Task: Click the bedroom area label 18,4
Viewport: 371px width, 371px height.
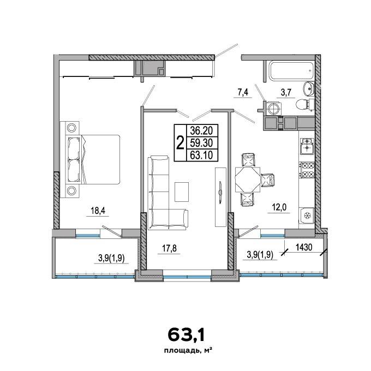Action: (x=98, y=210)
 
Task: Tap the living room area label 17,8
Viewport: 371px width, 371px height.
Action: (x=170, y=248)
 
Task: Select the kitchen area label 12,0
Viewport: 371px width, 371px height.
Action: (x=279, y=207)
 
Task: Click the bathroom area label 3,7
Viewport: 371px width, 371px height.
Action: (x=286, y=92)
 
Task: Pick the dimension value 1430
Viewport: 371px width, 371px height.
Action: (x=304, y=247)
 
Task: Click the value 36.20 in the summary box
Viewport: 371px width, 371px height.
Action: (x=201, y=130)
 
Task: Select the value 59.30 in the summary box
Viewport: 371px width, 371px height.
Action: (x=201, y=143)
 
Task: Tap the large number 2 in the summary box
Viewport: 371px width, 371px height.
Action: (x=180, y=143)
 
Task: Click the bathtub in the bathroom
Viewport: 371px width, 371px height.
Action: (x=291, y=70)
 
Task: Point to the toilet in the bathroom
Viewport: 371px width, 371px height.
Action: (x=304, y=104)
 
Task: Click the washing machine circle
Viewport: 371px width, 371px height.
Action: (x=274, y=109)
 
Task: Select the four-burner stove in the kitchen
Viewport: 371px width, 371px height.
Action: (x=307, y=170)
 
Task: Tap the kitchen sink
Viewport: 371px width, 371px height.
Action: (x=307, y=146)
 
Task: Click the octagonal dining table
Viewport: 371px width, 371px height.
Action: (x=248, y=180)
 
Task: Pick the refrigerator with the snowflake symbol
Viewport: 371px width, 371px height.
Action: (x=307, y=216)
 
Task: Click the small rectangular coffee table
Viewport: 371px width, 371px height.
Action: (x=182, y=192)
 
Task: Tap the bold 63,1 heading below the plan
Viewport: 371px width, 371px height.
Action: (x=186, y=335)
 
